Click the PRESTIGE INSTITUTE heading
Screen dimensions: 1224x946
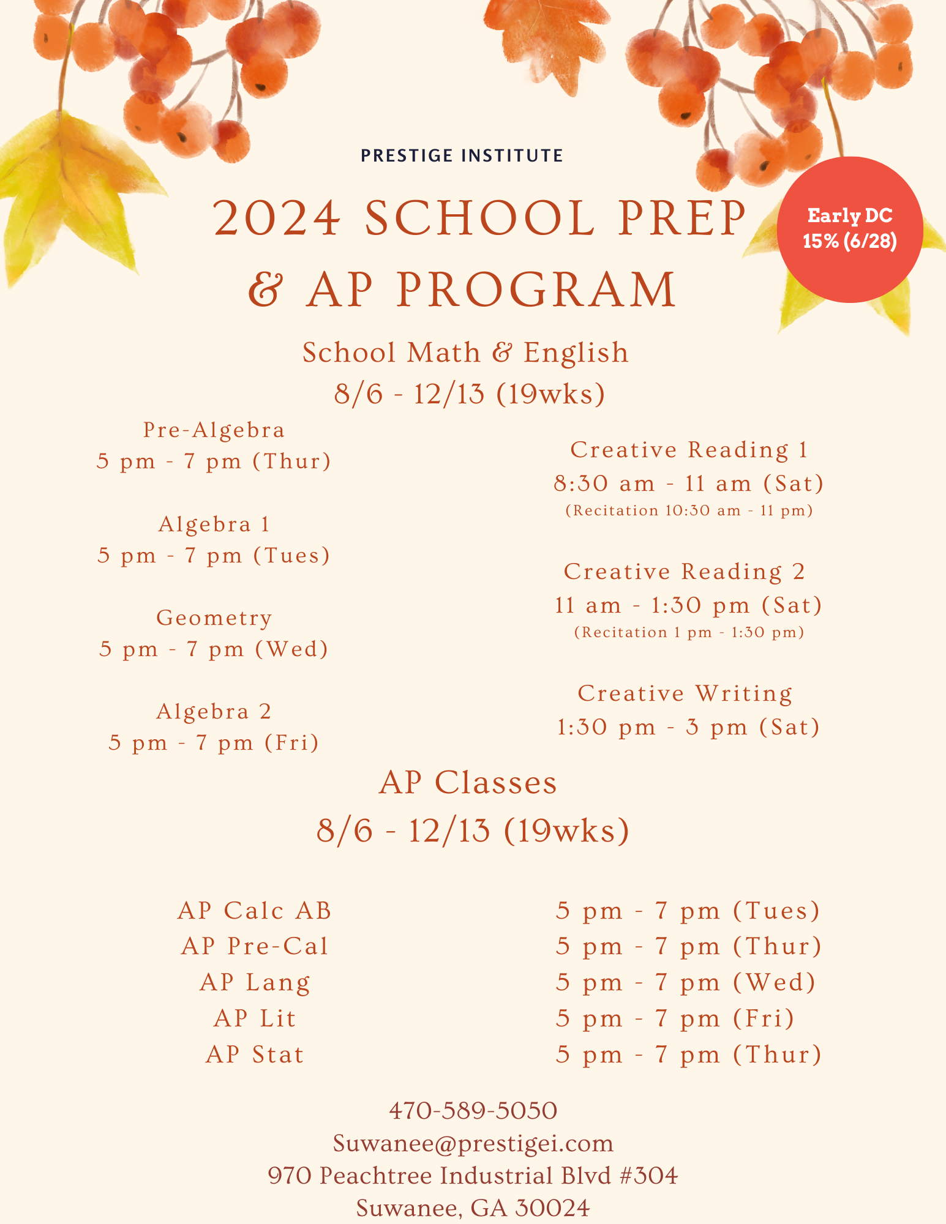coord(462,155)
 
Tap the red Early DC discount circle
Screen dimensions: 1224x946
coord(849,229)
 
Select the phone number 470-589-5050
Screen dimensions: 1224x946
coord(473,1110)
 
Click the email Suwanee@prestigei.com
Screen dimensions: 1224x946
coord(473,1143)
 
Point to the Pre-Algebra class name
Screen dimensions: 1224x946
coord(214,430)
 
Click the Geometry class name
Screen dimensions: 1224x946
coord(214,618)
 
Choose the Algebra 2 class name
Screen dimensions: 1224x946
coord(214,711)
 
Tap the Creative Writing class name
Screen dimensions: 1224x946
coord(685,693)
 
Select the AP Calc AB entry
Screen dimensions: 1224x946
coord(255,911)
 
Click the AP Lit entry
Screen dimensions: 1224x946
coord(255,1018)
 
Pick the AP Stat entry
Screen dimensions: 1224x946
coord(255,1054)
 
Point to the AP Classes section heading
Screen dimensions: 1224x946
coord(468,783)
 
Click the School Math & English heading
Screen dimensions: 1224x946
coord(465,353)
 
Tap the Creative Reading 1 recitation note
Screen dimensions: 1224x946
coord(689,510)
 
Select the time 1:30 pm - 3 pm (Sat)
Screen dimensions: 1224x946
coord(688,727)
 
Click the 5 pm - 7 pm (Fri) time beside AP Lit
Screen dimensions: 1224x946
coord(675,1018)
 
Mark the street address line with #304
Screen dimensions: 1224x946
coord(473,1176)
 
